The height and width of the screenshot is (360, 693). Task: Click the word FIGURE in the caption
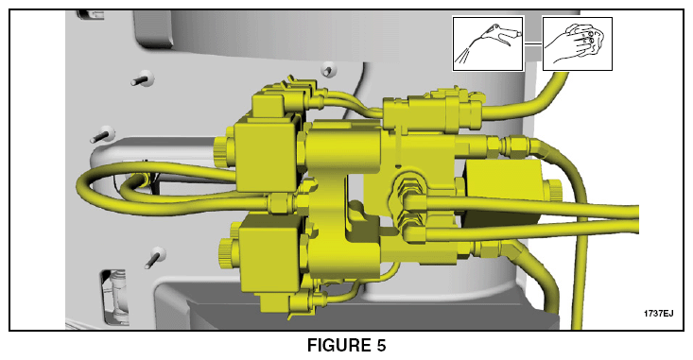click(x=338, y=346)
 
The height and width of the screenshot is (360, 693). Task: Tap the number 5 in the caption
click(x=381, y=346)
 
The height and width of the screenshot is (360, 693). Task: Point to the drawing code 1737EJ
click(x=659, y=314)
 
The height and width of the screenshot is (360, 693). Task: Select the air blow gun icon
click(x=488, y=43)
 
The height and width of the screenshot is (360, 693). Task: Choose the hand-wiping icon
click(x=578, y=43)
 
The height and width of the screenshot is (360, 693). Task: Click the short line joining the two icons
click(x=533, y=43)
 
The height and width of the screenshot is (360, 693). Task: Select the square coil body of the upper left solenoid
click(x=265, y=156)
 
